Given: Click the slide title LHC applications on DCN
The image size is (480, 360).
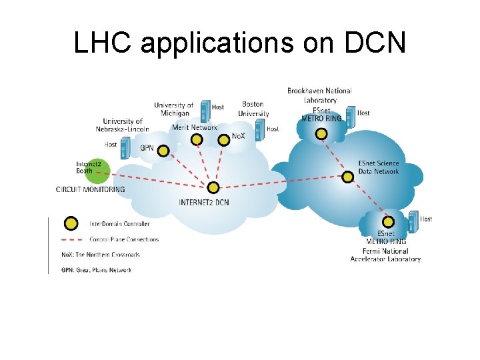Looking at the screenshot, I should (239, 43).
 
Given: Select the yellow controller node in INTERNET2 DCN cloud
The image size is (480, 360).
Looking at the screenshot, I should (213, 188).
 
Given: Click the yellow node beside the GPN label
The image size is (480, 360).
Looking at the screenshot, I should (162, 149).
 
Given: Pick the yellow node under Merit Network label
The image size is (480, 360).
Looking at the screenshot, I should (196, 139).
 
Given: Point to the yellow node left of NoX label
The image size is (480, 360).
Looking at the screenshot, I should (224, 140).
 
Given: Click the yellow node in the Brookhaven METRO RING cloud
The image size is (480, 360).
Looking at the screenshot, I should (321, 133).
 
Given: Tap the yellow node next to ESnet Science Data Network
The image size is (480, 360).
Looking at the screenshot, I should (347, 177).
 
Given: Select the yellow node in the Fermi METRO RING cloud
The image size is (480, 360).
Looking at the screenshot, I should (387, 222).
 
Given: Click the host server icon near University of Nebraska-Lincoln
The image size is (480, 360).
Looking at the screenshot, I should (124, 147).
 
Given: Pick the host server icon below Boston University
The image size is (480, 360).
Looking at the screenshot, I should (259, 129).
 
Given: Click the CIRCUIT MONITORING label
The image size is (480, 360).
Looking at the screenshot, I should (91, 189).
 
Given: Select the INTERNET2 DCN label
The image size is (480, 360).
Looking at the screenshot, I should (204, 203).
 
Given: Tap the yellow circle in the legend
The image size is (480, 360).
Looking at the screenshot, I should (70, 224).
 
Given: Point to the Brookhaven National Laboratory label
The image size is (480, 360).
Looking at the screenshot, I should (319, 95).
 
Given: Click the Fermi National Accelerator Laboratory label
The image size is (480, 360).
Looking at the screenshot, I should (385, 255).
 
